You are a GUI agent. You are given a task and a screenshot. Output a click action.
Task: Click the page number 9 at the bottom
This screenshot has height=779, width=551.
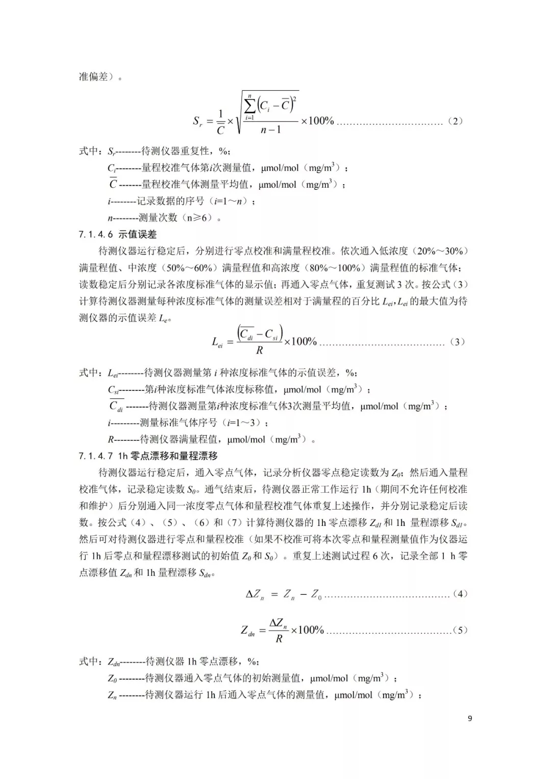point(470,718)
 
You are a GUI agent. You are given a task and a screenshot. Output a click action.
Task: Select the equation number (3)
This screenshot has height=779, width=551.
point(457,342)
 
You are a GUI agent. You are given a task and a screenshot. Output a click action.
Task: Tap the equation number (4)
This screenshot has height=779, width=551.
point(460,594)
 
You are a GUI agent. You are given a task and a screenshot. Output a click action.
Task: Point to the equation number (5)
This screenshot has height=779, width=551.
point(460,630)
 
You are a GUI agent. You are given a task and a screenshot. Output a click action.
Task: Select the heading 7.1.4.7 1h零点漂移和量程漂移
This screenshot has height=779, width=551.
point(148,456)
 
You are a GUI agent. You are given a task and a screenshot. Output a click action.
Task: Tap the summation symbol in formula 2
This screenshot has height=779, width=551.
point(250,106)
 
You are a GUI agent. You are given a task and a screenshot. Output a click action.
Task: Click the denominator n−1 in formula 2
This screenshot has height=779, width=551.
point(270,130)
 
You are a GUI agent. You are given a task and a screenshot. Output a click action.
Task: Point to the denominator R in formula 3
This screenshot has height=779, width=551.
point(260,350)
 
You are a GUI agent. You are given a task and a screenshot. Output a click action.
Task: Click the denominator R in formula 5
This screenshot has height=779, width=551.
point(279,639)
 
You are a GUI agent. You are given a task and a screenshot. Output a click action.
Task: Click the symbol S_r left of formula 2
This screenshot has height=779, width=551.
point(198,121)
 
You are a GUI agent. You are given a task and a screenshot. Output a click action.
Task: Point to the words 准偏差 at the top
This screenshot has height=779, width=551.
point(94,77)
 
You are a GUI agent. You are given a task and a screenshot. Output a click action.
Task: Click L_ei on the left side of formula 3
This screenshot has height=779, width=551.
point(217,342)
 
